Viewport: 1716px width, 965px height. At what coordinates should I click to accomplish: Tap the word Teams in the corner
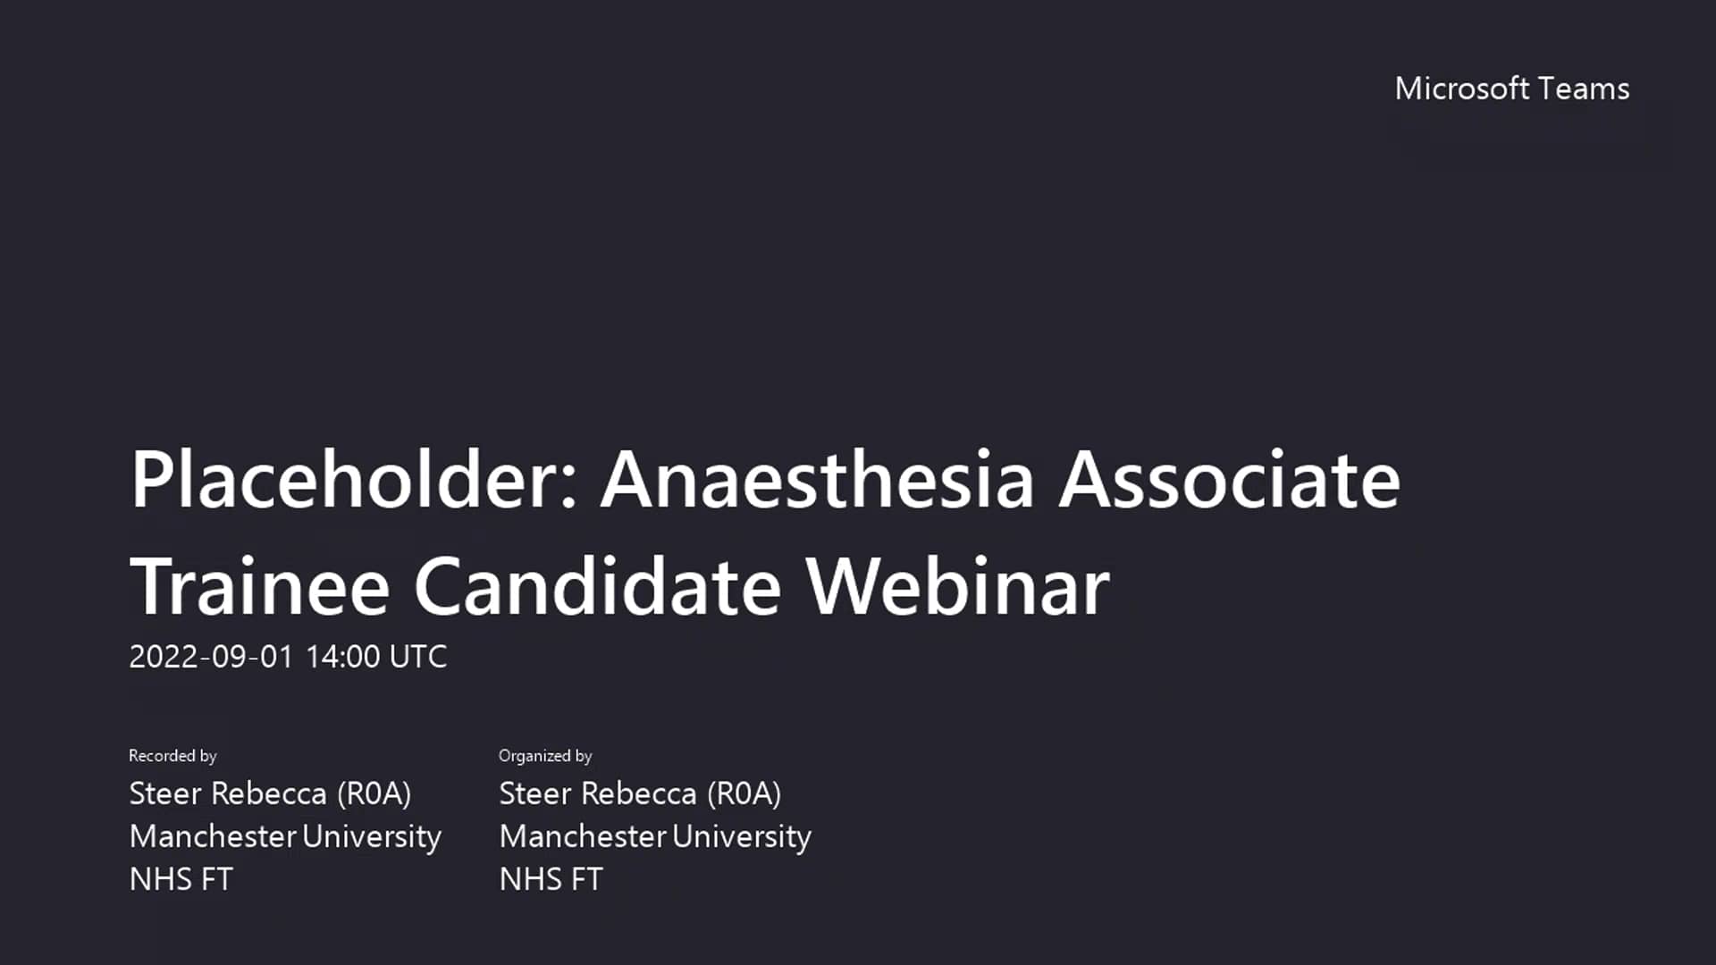pyautogui.click(x=1584, y=88)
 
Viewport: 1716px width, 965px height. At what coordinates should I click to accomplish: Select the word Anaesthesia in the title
pyautogui.click(x=817, y=480)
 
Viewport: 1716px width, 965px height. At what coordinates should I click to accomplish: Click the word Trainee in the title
pyautogui.click(x=259, y=587)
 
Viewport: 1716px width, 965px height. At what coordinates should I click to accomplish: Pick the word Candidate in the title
pyautogui.click(x=597, y=587)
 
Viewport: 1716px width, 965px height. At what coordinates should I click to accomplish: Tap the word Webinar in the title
pyautogui.click(x=957, y=587)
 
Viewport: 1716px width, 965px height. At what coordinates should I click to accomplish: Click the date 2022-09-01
pyautogui.click(x=211, y=657)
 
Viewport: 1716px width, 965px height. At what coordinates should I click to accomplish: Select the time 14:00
pyautogui.click(x=342, y=657)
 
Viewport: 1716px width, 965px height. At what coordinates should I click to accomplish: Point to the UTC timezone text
pyautogui.click(x=418, y=657)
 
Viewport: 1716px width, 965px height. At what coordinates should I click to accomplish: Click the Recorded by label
pyautogui.click(x=172, y=756)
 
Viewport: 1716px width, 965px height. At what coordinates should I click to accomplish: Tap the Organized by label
pyautogui.click(x=545, y=756)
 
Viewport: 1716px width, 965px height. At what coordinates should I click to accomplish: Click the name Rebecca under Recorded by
pyautogui.click(x=270, y=793)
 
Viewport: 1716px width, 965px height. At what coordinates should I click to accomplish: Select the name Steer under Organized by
pyautogui.click(x=534, y=793)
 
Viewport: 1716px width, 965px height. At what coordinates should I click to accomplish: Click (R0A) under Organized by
pyautogui.click(x=744, y=793)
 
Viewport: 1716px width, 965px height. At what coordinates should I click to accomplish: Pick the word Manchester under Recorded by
pyautogui.click(x=213, y=836)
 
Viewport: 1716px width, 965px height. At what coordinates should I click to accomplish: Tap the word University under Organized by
pyautogui.click(x=742, y=836)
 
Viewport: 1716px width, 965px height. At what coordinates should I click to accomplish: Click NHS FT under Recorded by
pyautogui.click(x=181, y=879)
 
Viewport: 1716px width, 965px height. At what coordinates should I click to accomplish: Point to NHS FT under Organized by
pyautogui.click(x=551, y=879)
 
